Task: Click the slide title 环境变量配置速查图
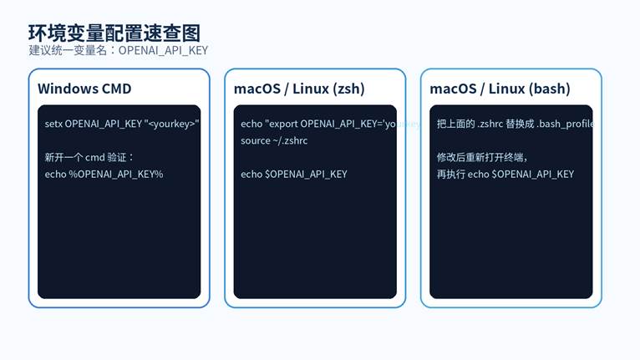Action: pyautogui.click(x=114, y=33)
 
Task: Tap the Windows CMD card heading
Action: pyautogui.click(x=84, y=89)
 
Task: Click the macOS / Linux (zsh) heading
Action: pyautogui.click(x=299, y=89)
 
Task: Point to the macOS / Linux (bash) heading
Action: pyautogui.click(x=500, y=89)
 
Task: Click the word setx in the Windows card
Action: pyautogui.click(x=53, y=124)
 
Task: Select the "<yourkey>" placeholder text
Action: pyautogui.click(x=171, y=124)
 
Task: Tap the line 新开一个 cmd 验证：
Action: pyautogui.click(x=89, y=157)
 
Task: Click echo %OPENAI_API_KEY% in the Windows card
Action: pyautogui.click(x=104, y=174)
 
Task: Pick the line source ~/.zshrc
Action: pyautogui.click(x=274, y=140)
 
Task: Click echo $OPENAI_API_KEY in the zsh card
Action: pyautogui.click(x=293, y=174)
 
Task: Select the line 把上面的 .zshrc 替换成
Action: pyautogui.click(x=481, y=124)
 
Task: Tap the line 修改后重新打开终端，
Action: pyautogui.click(x=483, y=157)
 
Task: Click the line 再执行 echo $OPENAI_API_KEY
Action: pyautogui.click(x=505, y=174)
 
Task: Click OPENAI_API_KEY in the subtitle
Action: pyautogui.click(x=163, y=50)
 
